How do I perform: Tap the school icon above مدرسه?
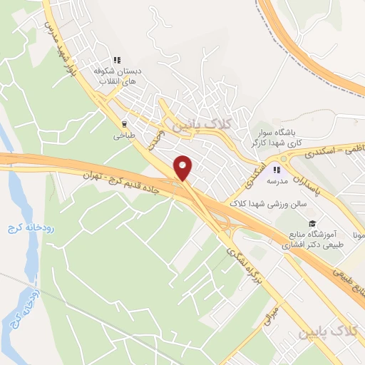click(x=277, y=170)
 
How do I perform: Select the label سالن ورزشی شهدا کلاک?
click(x=267, y=203)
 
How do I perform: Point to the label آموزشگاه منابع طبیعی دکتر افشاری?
click(x=313, y=240)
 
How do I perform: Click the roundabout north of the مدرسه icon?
click(x=284, y=158)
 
